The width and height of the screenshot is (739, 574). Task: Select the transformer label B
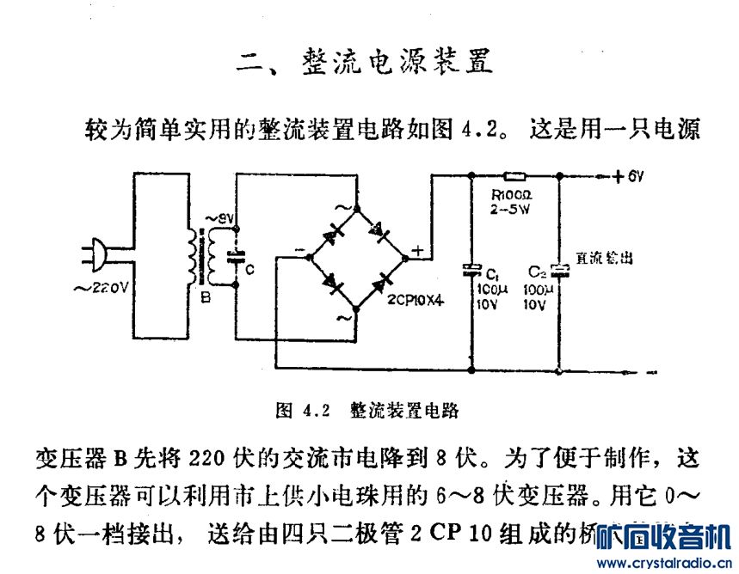click(205, 298)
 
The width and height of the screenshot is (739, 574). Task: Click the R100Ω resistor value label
click(513, 194)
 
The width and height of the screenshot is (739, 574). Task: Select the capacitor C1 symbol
click(470, 270)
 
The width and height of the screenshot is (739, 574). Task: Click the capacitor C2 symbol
click(559, 271)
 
